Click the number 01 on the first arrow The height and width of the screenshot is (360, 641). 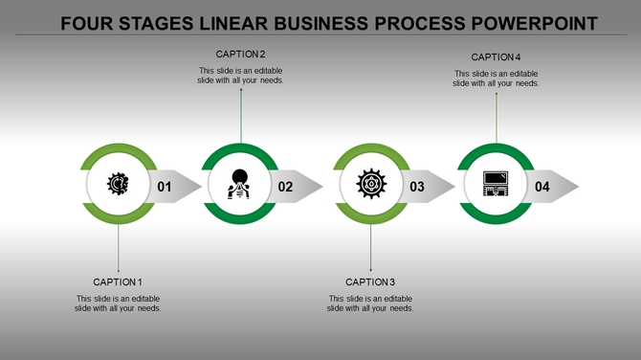165,187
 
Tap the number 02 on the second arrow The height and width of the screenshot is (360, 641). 285,187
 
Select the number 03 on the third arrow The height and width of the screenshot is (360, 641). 417,187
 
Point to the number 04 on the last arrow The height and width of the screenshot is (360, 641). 542,187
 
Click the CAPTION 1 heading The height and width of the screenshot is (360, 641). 118,282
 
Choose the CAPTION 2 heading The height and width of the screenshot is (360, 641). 241,55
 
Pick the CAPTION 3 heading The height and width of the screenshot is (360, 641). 370,282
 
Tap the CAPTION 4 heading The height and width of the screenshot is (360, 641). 496,57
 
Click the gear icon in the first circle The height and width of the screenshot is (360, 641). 118,184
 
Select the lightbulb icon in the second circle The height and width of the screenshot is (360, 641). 239,183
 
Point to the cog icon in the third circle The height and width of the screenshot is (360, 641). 370,183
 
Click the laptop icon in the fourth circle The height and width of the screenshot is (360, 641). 496,183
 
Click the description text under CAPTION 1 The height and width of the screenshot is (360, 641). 118,304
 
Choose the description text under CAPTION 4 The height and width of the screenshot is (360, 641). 496,79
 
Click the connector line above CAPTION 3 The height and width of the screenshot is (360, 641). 370,249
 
